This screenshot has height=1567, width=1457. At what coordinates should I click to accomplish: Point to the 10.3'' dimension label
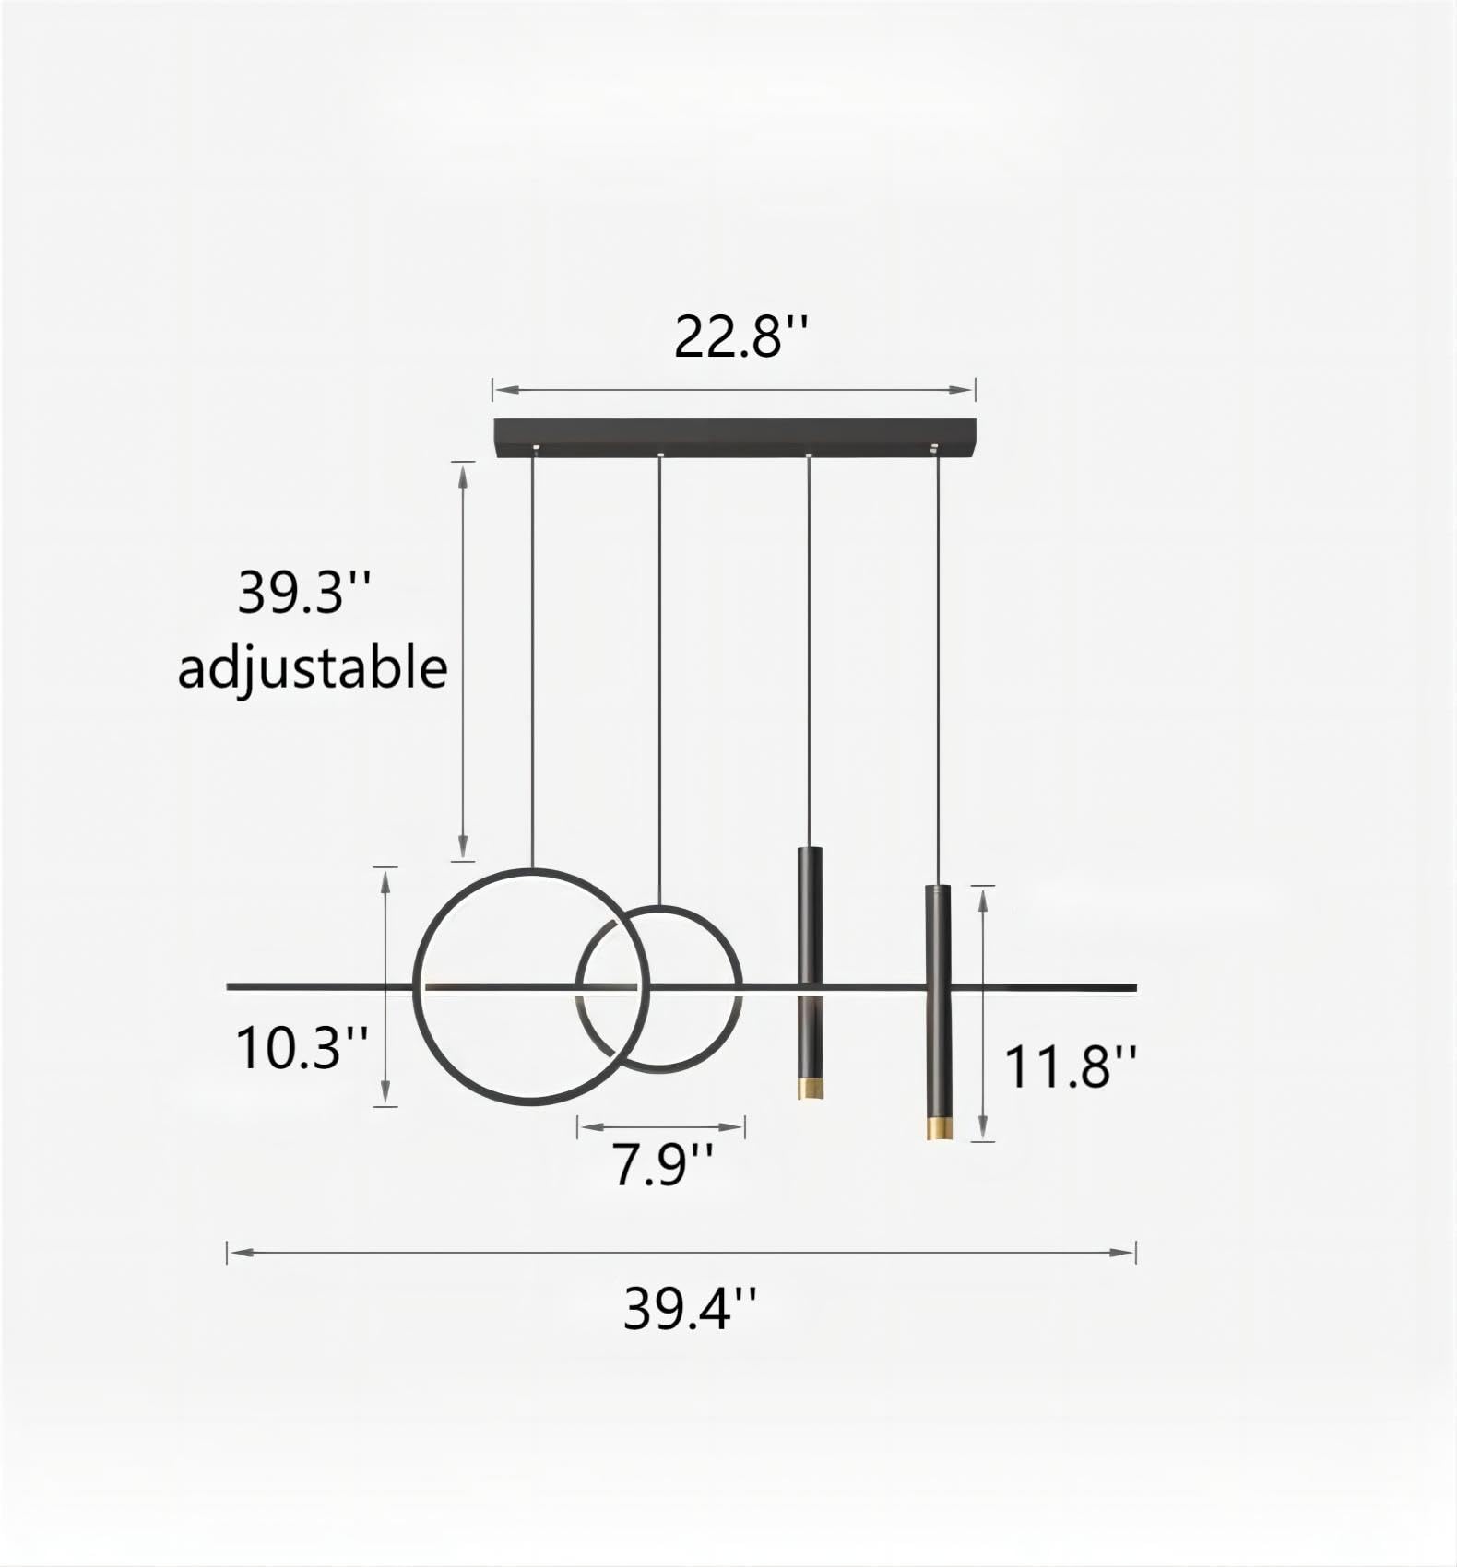click(302, 1048)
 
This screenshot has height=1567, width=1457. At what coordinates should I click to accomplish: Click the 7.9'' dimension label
click(662, 1164)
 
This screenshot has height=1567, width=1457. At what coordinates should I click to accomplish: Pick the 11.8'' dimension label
click(1070, 1066)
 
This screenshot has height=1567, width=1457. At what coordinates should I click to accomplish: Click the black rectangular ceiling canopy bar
click(734, 437)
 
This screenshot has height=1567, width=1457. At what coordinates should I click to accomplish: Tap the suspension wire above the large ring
click(532, 664)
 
